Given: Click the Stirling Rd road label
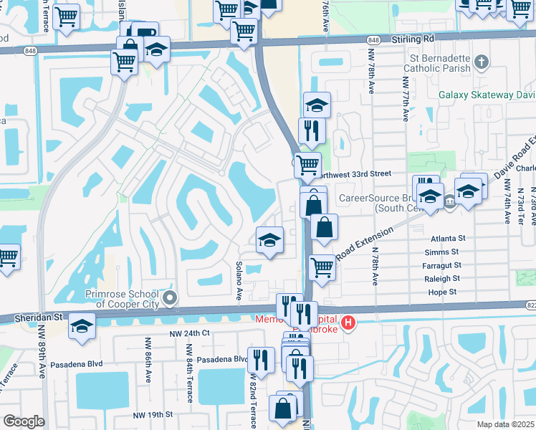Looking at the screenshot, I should (413, 40).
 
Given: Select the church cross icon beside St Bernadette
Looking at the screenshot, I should (482, 62).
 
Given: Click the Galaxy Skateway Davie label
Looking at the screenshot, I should (486, 95).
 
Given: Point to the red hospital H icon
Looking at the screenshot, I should (348, 323).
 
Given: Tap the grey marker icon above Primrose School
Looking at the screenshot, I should (170, 297).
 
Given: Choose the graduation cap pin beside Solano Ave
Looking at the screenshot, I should (269, 240).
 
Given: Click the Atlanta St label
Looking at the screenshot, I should (449, 238).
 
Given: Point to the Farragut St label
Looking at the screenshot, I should (441, 265).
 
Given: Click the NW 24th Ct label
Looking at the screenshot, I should (190, 333).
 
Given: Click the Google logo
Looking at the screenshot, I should (24, 421).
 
